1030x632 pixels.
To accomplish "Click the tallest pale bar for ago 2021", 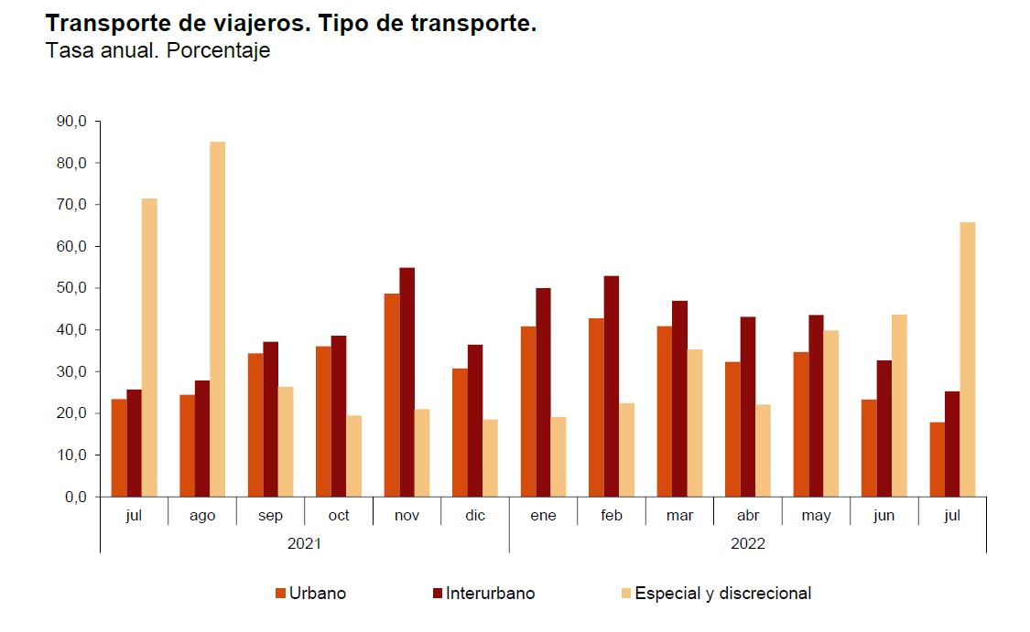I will coord(217,319).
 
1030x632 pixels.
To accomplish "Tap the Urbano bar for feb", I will coord(597,407).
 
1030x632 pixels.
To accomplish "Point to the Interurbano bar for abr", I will coord(748,407).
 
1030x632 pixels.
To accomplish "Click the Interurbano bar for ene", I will coord(544,392).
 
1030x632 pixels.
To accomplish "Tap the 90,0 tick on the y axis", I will coord(71,122).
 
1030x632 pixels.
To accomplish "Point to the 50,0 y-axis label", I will coord(71,288).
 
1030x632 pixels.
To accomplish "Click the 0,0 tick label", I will coord(75,497).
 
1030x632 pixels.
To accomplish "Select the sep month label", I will coord(270,516).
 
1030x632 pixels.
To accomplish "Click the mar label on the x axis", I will coord(679,516).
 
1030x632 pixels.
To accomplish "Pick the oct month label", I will coord(339,516).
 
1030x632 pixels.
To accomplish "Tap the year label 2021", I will coord(304,543).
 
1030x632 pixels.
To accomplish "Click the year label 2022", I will coord(748,543).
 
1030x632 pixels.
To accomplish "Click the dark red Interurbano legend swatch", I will coord(438,594).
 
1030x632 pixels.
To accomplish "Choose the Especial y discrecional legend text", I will coord(722,594).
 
